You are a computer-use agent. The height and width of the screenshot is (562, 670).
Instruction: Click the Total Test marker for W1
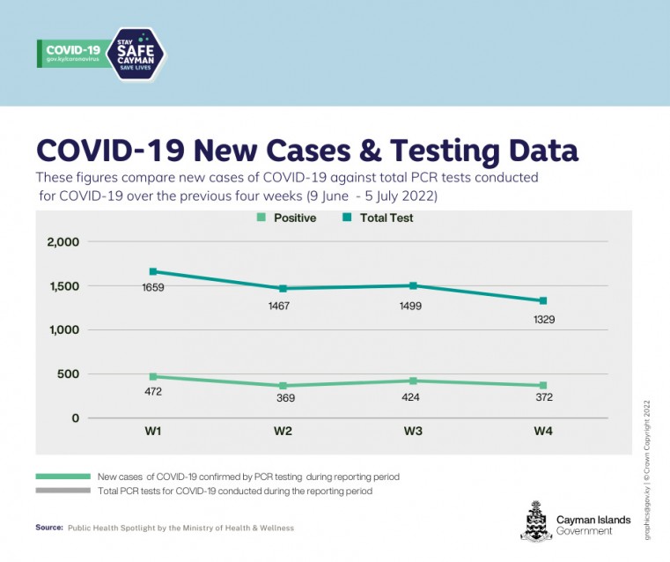153,271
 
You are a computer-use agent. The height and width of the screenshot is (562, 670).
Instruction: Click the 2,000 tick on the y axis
63,242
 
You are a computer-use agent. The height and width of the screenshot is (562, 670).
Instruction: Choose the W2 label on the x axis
283,431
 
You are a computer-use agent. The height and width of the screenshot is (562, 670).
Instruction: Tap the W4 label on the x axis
542,431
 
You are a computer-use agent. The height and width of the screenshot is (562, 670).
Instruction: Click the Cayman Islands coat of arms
535,520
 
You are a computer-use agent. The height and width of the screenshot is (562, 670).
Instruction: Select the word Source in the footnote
49,528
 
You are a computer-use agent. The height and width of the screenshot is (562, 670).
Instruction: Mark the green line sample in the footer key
63,477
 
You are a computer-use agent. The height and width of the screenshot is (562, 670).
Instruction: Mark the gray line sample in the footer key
63,491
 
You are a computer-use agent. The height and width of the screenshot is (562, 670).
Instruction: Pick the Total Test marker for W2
283,288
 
